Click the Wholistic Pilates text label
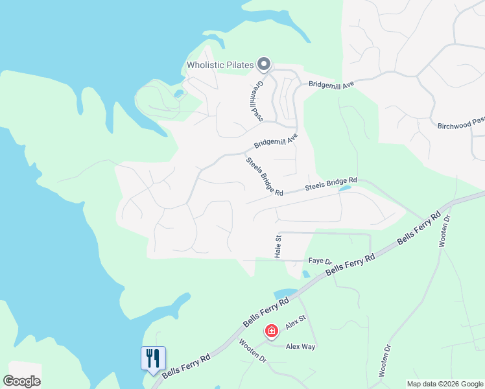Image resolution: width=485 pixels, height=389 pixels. (220, 65)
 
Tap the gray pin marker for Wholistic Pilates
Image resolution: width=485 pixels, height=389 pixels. (263, 64)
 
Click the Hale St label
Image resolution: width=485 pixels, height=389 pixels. (278, 247)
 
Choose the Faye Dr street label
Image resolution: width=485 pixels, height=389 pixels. (320, 261)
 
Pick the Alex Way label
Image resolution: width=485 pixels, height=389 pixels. (300, 347)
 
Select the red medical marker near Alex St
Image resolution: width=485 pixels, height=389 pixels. (272, 332)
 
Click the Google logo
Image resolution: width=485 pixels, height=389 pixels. (21, 381)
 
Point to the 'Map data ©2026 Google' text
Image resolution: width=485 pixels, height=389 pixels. (445, 384)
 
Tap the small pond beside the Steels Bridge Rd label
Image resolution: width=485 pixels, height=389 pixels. (344, 189)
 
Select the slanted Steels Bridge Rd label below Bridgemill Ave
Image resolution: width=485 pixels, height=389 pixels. (265, 176)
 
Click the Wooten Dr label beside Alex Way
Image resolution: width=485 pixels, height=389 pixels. (253, 350)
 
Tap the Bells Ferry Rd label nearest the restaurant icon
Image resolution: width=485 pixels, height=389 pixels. (186, 366)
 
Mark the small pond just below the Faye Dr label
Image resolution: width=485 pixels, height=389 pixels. (306, 274)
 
